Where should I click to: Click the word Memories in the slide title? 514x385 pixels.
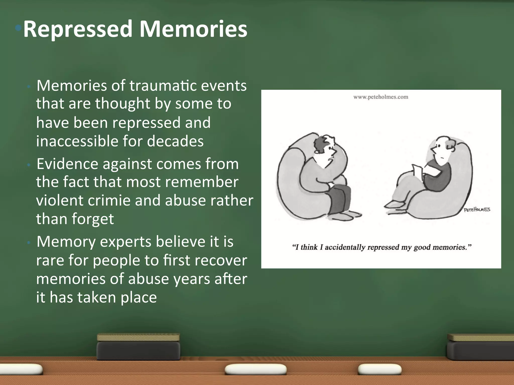(x=193, y=29)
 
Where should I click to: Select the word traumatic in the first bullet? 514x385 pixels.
(x=163, y=86)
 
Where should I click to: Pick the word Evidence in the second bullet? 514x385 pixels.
(x=67, y=164)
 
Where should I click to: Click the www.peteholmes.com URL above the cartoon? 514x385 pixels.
(x=381, y=97)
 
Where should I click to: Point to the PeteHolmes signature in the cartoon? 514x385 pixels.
(x=477, y=210)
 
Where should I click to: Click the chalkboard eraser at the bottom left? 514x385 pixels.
(x=138, y=347)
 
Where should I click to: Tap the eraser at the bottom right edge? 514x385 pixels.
(x=481, y=347)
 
